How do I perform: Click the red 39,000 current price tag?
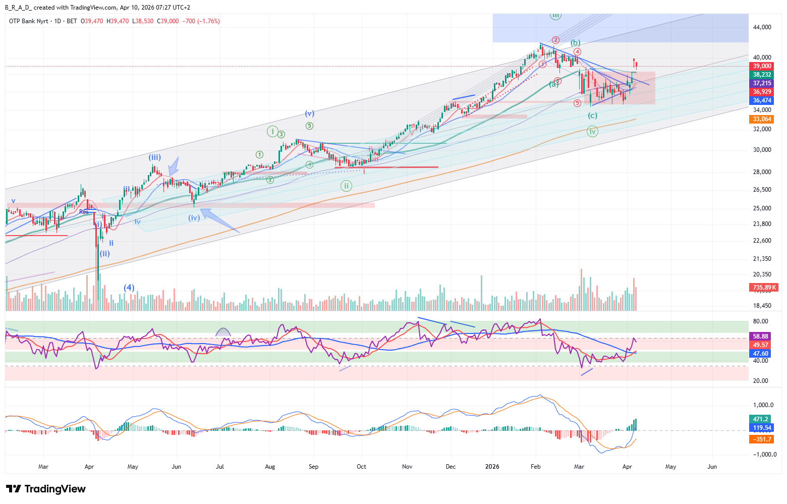tap(762, 66)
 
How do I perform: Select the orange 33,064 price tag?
tap(762, 119)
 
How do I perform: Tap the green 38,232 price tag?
tap(762, 75)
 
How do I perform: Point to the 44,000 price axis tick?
tap(762, 27)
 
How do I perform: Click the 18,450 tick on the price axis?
tap(762, 306)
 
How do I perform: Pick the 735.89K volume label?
tap(764, 288)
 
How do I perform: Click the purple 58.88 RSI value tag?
tap(761, 336)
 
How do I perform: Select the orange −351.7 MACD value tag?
tap(762, 439)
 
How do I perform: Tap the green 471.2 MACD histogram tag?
tap(761, 419)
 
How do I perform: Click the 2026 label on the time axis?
tap(492, 467)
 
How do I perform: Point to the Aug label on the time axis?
tap(270, 467)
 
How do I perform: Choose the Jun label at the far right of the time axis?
tap(712, 467)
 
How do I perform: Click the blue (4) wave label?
tap(129, 288)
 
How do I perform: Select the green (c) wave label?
tap(592, 116)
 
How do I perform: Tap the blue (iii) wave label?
tap(154, 157)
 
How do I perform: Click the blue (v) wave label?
tap(309, 114)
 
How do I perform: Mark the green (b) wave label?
tap(575, 43)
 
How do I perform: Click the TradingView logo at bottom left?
tap(46, 489)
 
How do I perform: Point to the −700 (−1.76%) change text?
tap(201, 21)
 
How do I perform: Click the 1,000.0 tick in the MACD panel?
tap(763, 405)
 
